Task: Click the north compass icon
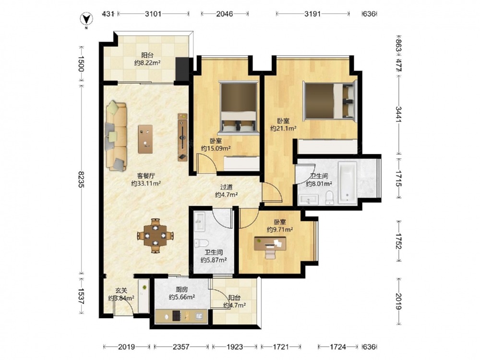(x=86, y=19)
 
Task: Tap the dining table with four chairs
(x=156, y=236)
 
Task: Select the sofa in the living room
(x=116, y=136)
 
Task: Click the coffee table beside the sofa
(x=145, y=139)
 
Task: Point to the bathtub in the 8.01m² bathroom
(x=348, y=183)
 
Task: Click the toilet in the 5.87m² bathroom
(x=201, y=243)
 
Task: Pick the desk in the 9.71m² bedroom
(x=270, y=244)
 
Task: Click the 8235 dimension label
(x=81, y=179)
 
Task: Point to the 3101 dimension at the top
(x=153, y=14)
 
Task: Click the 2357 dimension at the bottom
(x=181, y=347)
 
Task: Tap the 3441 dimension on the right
(x=398, y=114)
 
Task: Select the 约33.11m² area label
(x=146, y=183)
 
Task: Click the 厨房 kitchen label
(x=182, y=289)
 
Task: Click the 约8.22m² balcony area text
(x=147, y=63)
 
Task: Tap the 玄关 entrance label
(x=121, y=290)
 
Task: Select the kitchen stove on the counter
(x=177, y=316)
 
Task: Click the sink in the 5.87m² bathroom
(x=200, y=221)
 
